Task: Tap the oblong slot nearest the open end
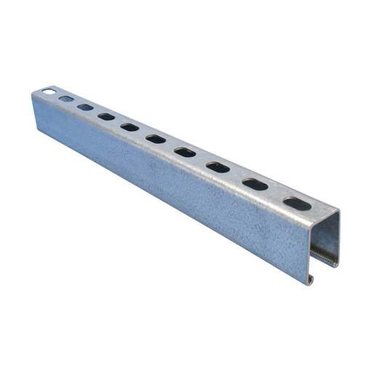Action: coord(296,204)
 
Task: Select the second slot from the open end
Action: coord(255,185)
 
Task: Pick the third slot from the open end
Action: coord(217,167)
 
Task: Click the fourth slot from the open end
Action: coord(185,152)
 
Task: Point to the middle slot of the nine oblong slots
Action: coord(155,138)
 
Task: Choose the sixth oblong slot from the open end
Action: coord(130,127)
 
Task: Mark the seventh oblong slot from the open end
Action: coord(107,116)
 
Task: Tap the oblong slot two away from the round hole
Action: coord(85,107)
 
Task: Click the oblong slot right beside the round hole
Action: coord(66,99)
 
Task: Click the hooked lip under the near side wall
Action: coord(311,278)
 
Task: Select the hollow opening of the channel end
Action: coord(325,236)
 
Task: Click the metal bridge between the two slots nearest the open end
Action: coord(276,195)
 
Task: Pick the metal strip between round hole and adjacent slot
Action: coord(57,95)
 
